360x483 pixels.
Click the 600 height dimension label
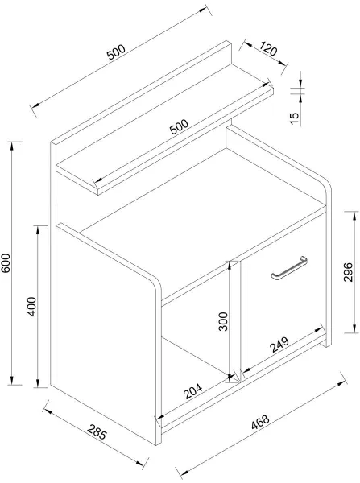6,262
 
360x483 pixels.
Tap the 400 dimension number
31,307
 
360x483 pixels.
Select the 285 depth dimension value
97,431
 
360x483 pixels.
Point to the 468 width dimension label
260,422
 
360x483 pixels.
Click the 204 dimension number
192,391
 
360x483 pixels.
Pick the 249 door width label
279,345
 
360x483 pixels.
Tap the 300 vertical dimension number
223,321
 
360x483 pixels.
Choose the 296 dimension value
348,272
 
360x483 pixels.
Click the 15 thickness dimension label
295,118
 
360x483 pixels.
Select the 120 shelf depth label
268,48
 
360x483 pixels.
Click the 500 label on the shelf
179,126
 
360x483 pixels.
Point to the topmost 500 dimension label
116,52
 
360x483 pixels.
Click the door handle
289,268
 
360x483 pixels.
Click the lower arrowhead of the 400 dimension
38,383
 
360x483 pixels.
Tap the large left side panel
106,336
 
